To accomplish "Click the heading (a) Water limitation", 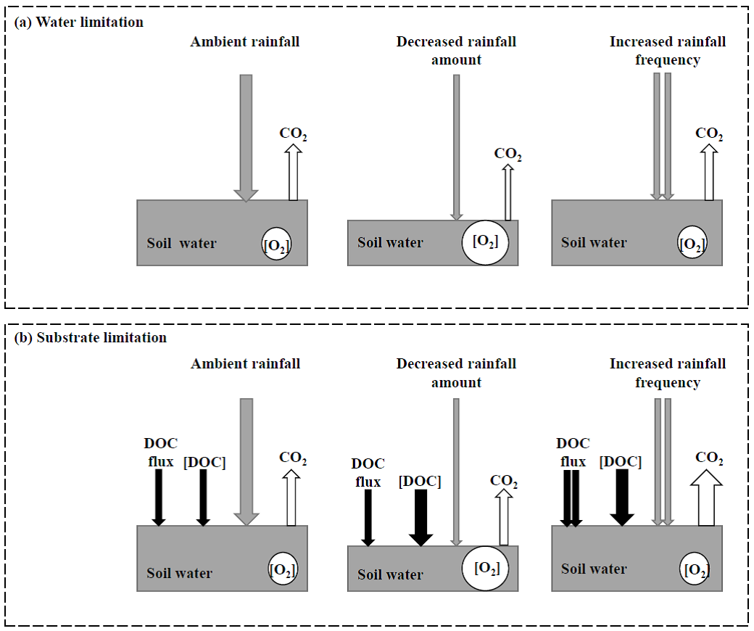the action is click(x=79, y=22).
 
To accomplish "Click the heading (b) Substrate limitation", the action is click(x=91, y=338).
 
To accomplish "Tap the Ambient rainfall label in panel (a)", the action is click(x=245, y=42).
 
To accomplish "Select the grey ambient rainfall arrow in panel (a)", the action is click(x=246, y=138).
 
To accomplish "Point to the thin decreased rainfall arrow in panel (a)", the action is click(x=456, y=147).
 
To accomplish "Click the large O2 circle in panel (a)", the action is click(x=485, y=242).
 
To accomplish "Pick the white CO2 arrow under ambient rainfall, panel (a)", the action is click(x=293, y=172).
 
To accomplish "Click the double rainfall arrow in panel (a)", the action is click(x=662, y=136).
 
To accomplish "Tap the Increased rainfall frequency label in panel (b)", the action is click(x=668, y=373).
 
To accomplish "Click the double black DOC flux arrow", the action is click(x=571, y=498).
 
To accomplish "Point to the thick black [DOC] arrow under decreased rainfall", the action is click(x=420, y=518).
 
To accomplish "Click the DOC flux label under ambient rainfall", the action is click(x=161, y=452).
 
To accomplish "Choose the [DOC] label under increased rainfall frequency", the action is click(x=621, y=462).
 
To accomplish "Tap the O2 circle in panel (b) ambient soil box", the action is click(x=283, y=569).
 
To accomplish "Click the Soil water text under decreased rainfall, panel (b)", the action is click(x=390, y=574).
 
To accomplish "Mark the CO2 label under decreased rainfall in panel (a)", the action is click(x=507, y=154).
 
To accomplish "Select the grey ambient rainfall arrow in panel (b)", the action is click(x=246, y=462).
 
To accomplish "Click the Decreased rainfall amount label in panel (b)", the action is click(x=456, y=373).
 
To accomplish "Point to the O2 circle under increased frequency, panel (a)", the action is click(x=692, y=242).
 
